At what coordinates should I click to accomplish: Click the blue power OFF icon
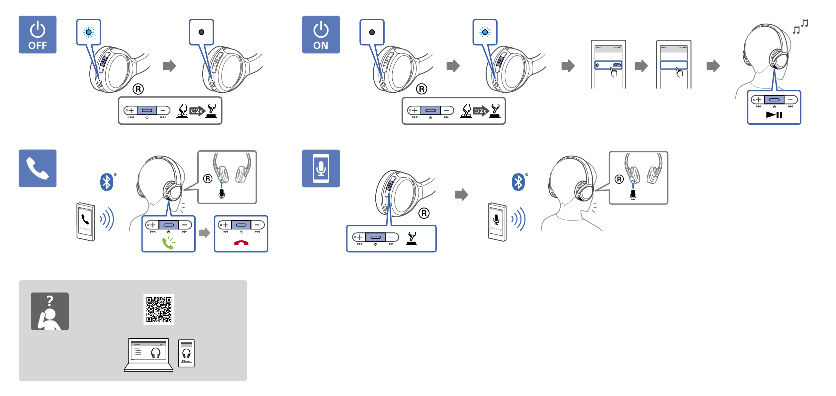(38, 35)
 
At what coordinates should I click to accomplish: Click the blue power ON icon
(321, 35)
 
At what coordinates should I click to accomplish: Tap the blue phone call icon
(38, 168)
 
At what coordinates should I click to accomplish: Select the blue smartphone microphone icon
(321, 168)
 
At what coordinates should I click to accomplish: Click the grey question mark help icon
(50, 311)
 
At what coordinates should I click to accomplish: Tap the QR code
(159, 310)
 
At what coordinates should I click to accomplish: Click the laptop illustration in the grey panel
(148, 354)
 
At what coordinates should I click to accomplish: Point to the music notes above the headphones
(800, 27)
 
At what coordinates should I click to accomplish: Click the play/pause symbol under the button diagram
(774, 115)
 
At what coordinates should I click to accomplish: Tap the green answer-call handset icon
(168, 243)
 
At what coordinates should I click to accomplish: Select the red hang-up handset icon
(241, 243)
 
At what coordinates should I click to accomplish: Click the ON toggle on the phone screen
(616, 65)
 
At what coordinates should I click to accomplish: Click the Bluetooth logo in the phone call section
(107, 182)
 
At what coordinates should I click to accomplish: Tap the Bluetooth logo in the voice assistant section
(518, 182)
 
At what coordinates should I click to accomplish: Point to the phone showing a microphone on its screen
(497, 222)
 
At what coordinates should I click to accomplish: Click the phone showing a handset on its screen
(86, 221)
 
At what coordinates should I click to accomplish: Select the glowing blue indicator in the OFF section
(89, 32)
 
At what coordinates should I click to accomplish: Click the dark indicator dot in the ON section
(372, 32)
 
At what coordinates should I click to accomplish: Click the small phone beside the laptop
(186, 353)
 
